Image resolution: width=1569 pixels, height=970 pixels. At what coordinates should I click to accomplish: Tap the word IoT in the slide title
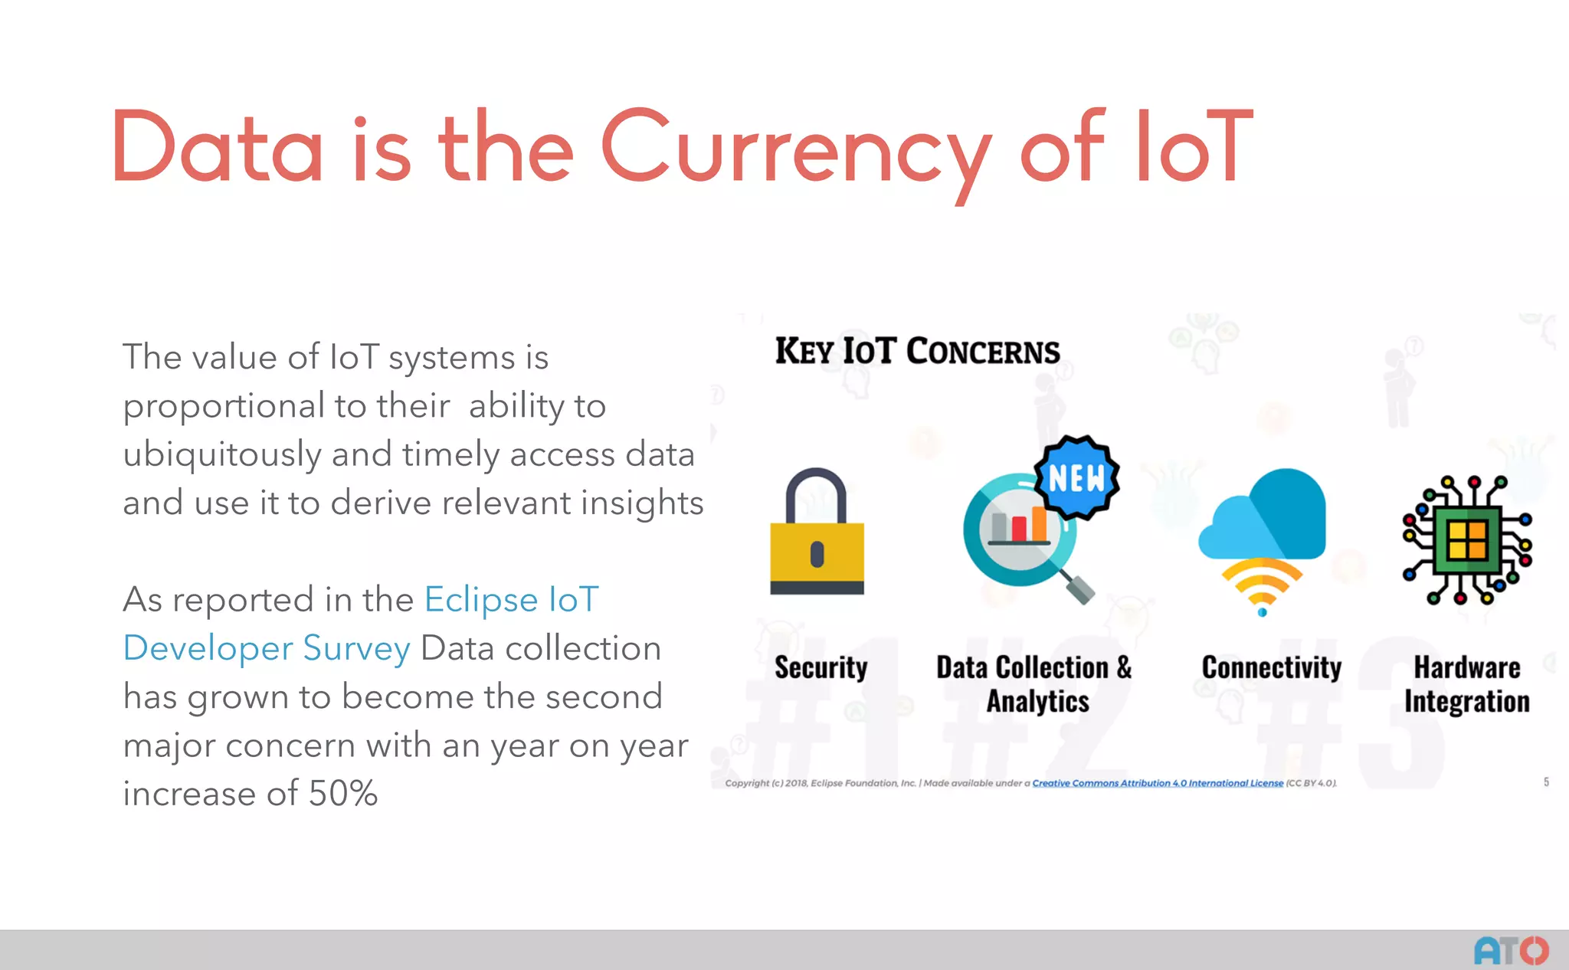click(1194, 146)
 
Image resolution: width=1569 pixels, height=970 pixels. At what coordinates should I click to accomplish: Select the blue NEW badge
click(1076, 478)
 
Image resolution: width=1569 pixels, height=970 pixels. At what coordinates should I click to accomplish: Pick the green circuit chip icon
click(1466, 540)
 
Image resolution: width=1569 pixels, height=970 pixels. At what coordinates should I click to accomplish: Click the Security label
click(821, 667)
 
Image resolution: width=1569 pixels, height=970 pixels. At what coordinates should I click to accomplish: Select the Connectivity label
click(1271, 667)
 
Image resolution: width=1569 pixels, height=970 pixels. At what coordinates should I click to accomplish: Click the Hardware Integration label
click(1466, 684)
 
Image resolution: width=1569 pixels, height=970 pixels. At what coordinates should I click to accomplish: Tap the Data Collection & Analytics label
click(1035, 684)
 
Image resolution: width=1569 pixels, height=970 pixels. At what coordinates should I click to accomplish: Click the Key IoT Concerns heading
click(917, 351)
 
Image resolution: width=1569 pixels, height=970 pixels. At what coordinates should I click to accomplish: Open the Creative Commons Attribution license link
click(1157, 783)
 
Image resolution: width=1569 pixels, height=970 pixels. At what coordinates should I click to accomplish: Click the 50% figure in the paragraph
click(342, 793)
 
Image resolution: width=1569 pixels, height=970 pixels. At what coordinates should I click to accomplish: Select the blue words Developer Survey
click(267, 648)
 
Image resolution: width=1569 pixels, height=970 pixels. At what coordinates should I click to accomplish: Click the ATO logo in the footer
click(1511, 951)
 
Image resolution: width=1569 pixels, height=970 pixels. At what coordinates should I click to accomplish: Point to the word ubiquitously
click(221, 454)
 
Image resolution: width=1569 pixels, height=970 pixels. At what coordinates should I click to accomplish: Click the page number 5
click(1546, 782)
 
